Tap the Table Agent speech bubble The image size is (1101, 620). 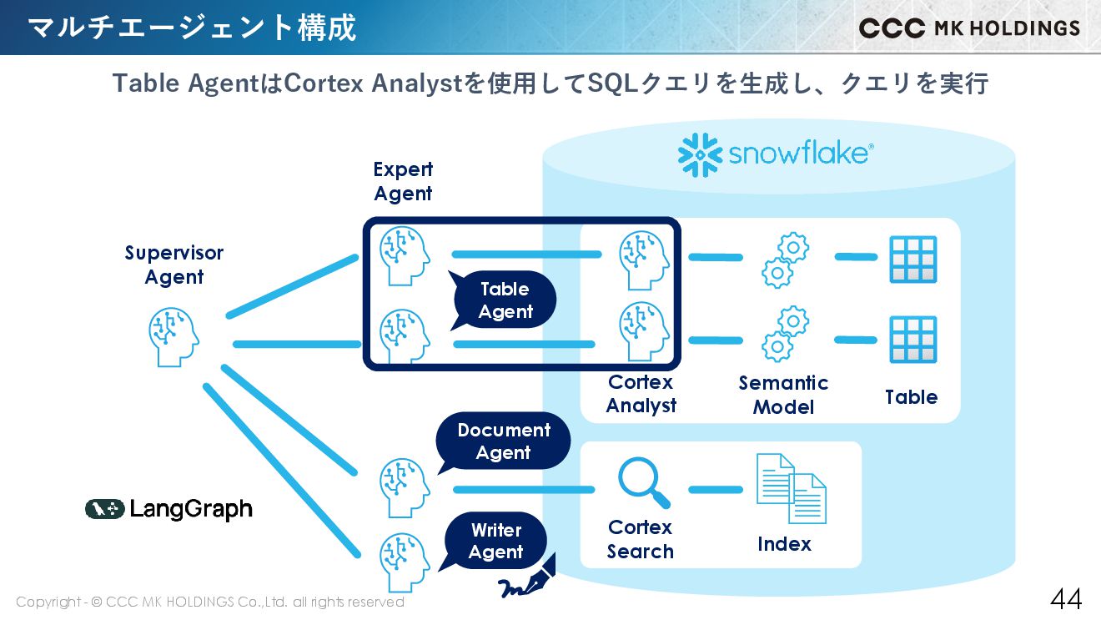(505, 300)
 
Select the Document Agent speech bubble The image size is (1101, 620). (503, 441)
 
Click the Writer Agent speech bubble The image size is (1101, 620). (495, 541)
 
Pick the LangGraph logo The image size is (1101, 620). (168, 509)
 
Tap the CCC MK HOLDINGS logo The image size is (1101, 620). (969, 28)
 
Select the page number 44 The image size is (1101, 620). (1065, 598)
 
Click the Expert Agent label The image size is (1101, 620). (403, 181)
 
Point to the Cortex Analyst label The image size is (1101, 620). (641, 394)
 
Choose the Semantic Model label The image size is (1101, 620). (783, 395)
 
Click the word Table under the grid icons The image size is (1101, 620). (911, 397)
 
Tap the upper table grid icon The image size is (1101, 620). (912, 260)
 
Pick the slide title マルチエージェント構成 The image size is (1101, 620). (192, 28)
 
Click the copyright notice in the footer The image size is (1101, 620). (210, 602)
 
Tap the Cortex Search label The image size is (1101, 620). (640, 539)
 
